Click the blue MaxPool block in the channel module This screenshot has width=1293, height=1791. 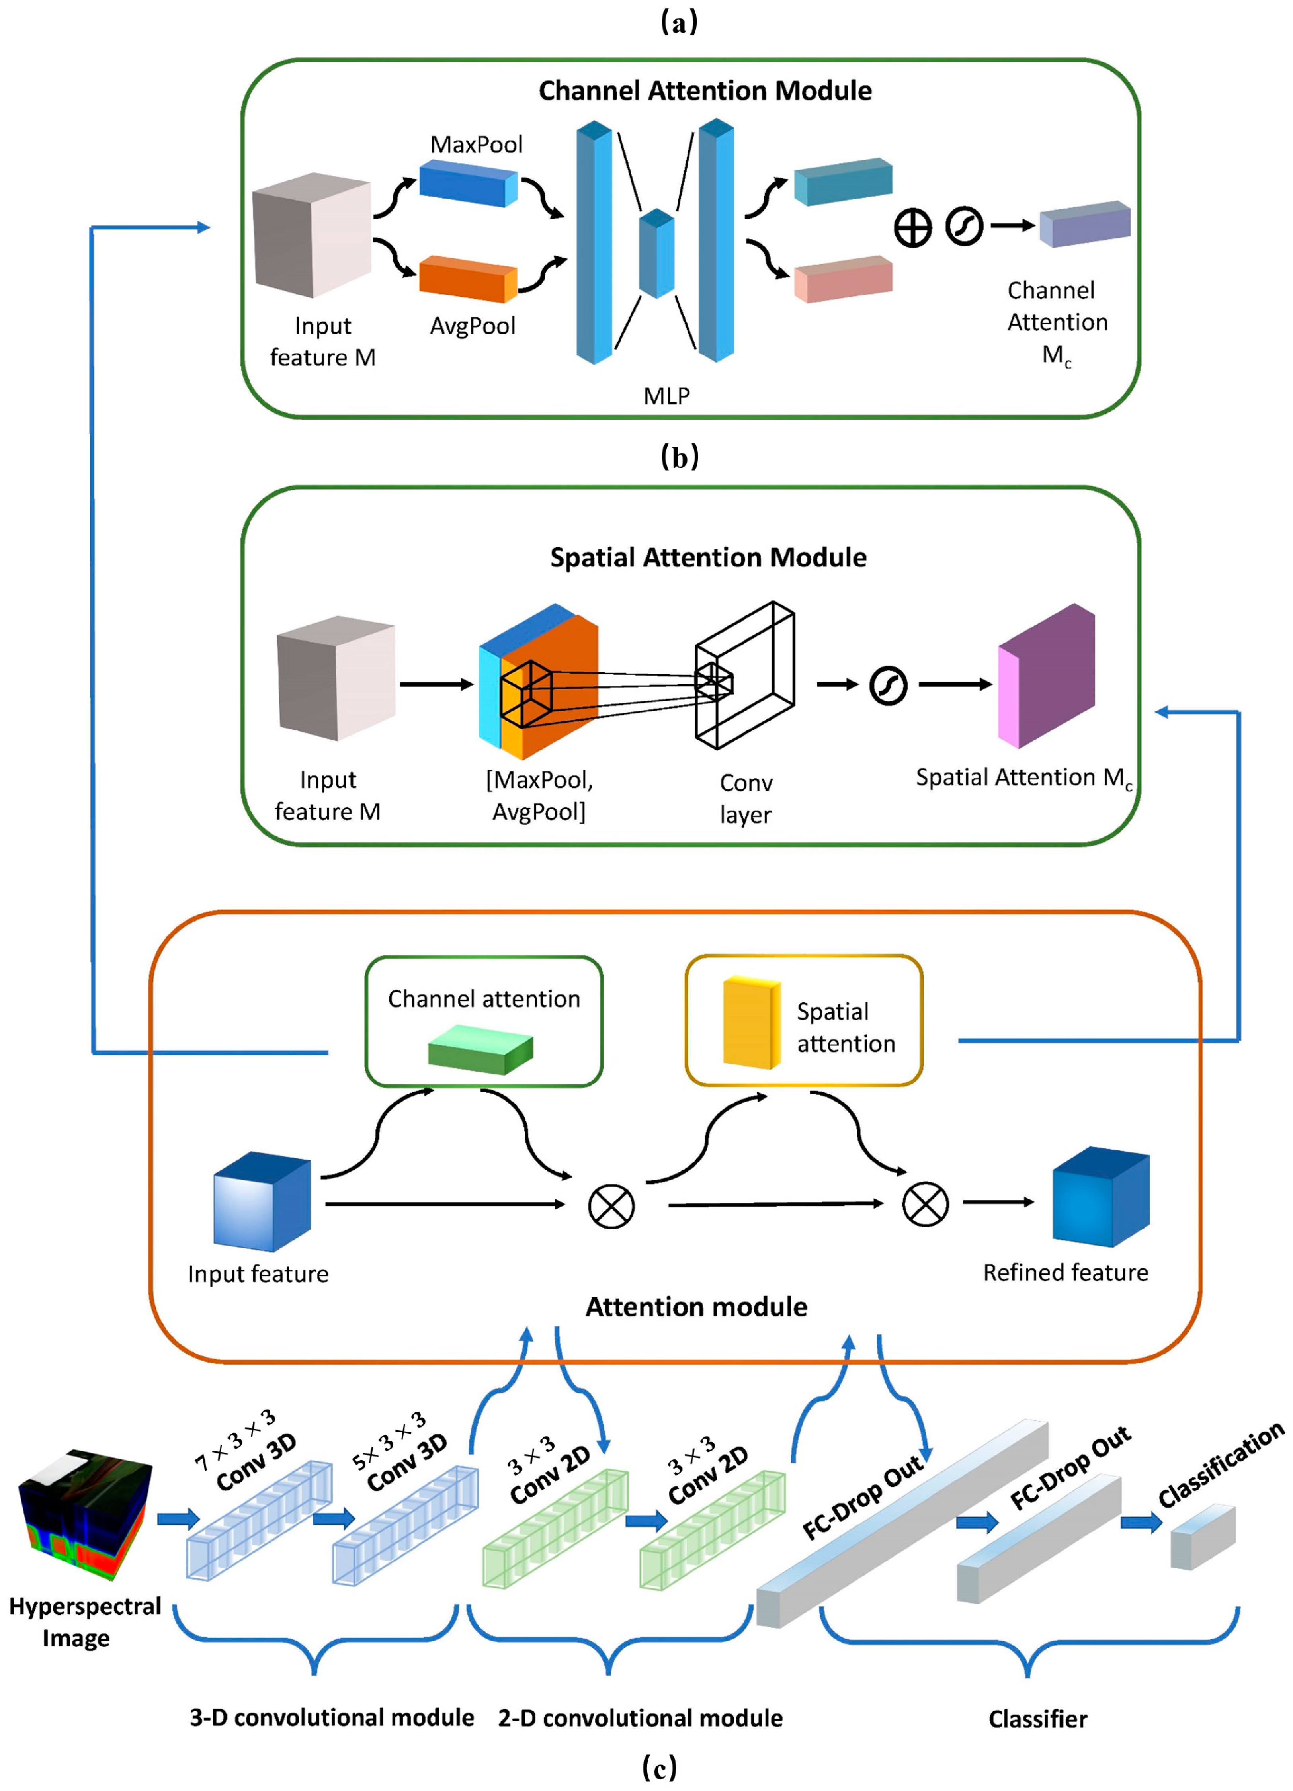[x=468, y=183]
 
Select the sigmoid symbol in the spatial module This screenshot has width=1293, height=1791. [x=888, y=686]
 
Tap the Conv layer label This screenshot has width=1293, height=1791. [x=746, y=799]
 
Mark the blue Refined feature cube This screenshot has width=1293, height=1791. [x=1100, y=1196]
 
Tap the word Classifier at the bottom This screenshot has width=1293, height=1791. [x=1037, y=1719]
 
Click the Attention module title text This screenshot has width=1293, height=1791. [x=696, y=1307]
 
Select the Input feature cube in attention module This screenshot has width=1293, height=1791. [x=262, y=1201]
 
